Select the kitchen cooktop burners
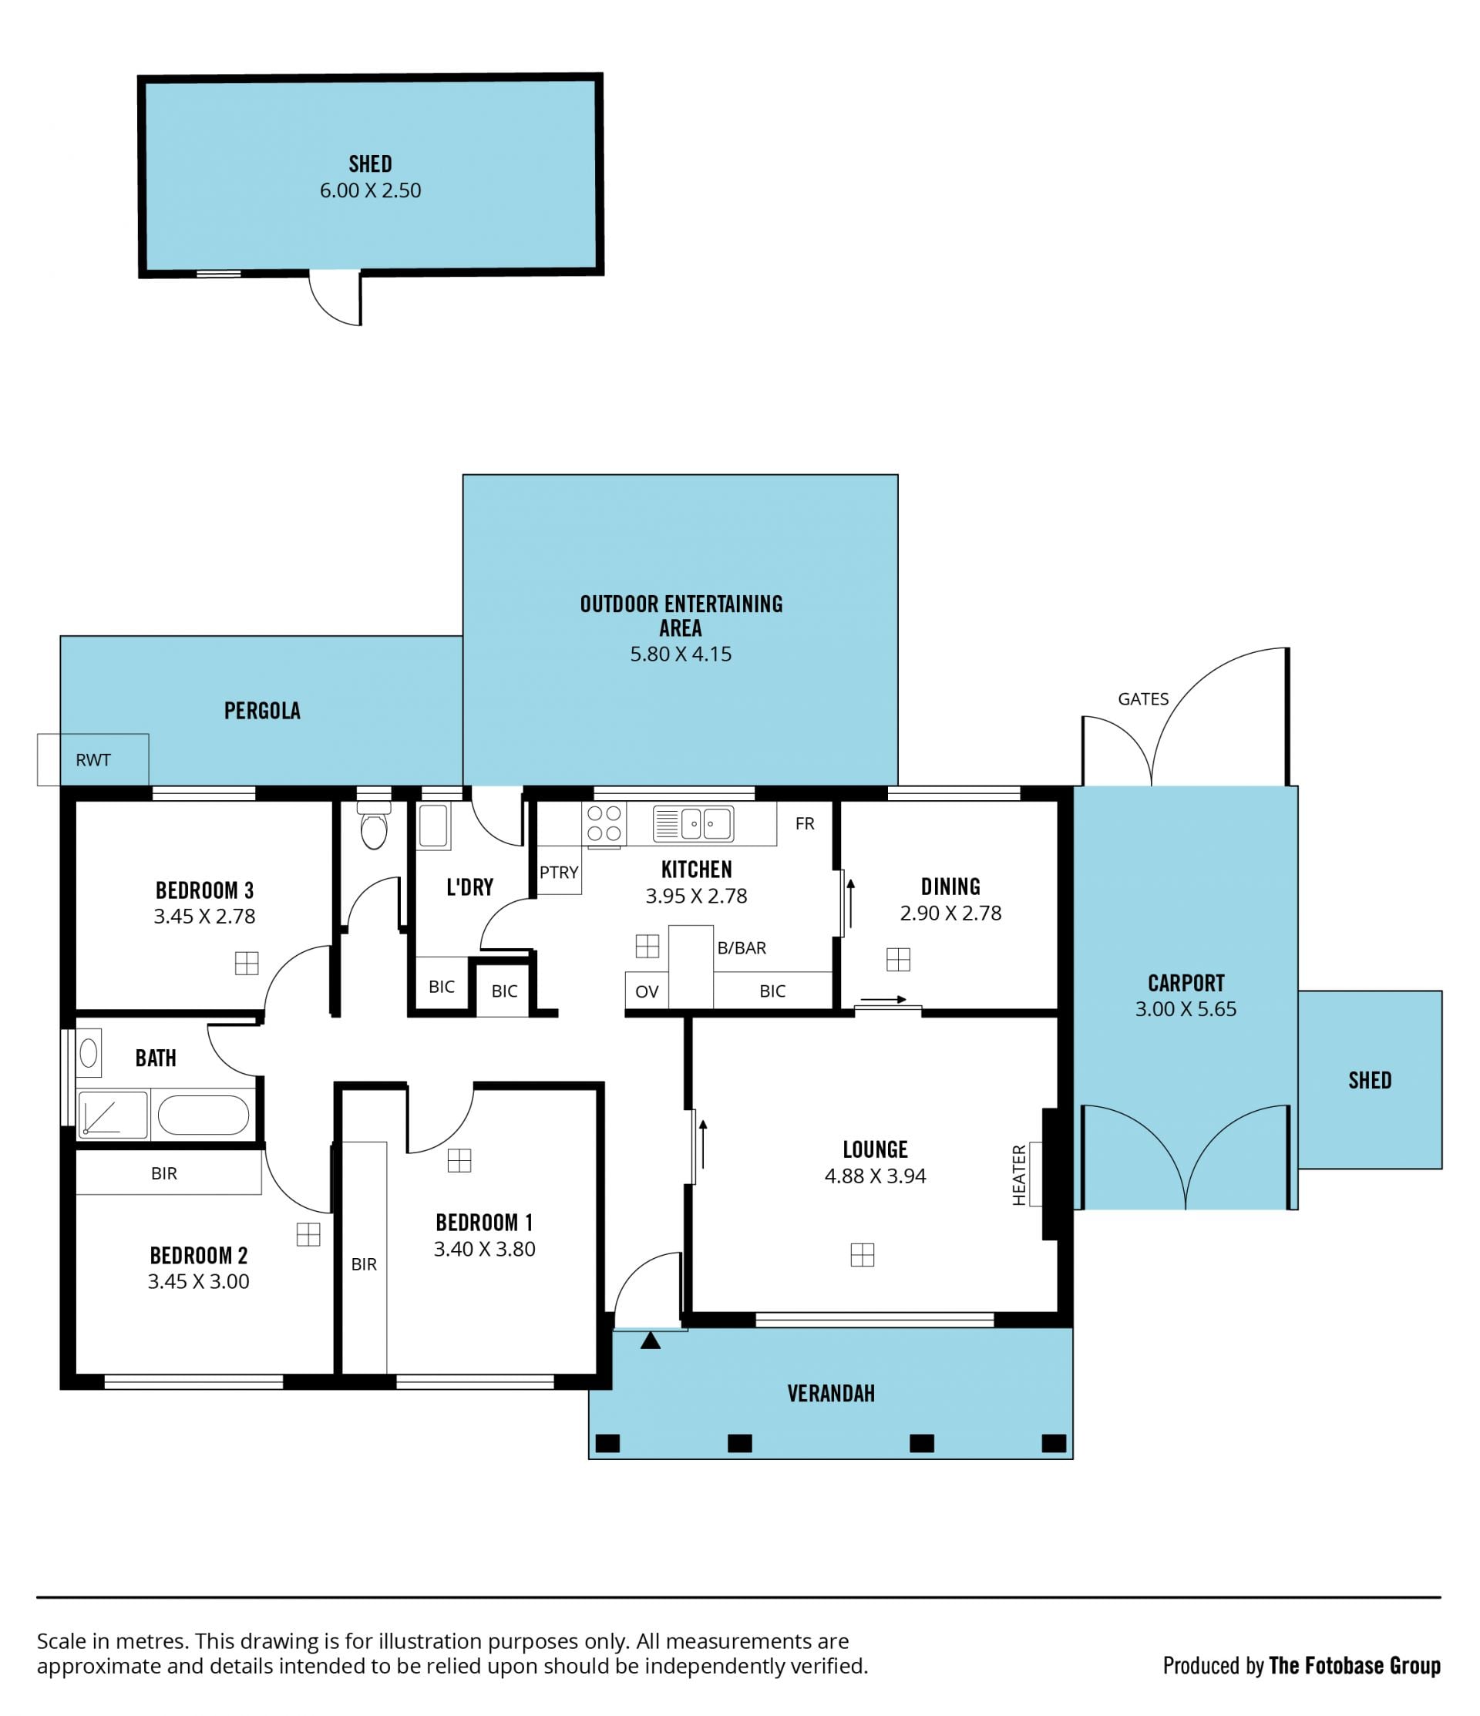(604, 824)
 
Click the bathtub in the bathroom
(203, 1115)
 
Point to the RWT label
(92, 760)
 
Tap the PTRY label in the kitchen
(559, 872)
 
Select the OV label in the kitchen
(647, 991)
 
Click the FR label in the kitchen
(805, 823)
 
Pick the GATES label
(1144, 699)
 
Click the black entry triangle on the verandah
(650, 1339)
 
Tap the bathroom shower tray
(113, 1115)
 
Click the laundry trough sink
(433, 826)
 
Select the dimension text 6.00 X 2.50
(370, 190)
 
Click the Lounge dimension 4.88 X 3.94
(876, 1176)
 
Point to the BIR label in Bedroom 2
(164, 1173)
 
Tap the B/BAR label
(742, 948)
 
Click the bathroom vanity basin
(89, 1054)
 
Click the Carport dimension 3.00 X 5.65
(1186, 1009)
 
